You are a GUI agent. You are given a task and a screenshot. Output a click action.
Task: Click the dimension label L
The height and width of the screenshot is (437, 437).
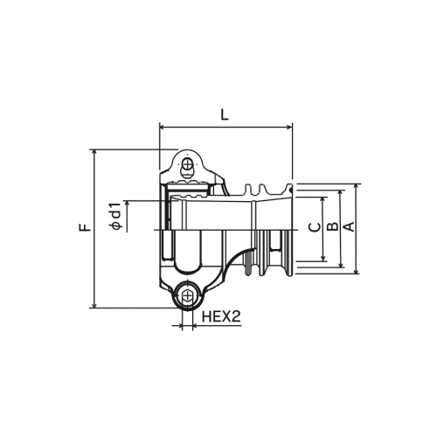point(224,114)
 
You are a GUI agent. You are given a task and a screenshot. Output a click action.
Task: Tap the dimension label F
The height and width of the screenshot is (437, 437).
point(85,227)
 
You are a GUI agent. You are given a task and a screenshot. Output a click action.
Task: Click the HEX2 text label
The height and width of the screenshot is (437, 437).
point(221,316)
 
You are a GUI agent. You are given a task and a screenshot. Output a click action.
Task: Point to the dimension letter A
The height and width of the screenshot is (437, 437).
point(349,226)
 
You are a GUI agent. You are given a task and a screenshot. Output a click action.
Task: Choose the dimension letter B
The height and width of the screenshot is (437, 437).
point(332,226)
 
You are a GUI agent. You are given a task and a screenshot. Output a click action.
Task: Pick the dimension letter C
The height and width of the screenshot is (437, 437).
point(315,227)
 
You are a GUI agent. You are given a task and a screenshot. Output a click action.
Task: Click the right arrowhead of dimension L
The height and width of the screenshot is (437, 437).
point(289,127)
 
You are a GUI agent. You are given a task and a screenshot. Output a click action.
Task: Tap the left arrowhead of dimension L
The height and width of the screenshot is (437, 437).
point(163,127)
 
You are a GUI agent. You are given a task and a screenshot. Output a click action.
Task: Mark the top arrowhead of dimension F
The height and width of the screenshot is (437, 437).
point(94,152)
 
